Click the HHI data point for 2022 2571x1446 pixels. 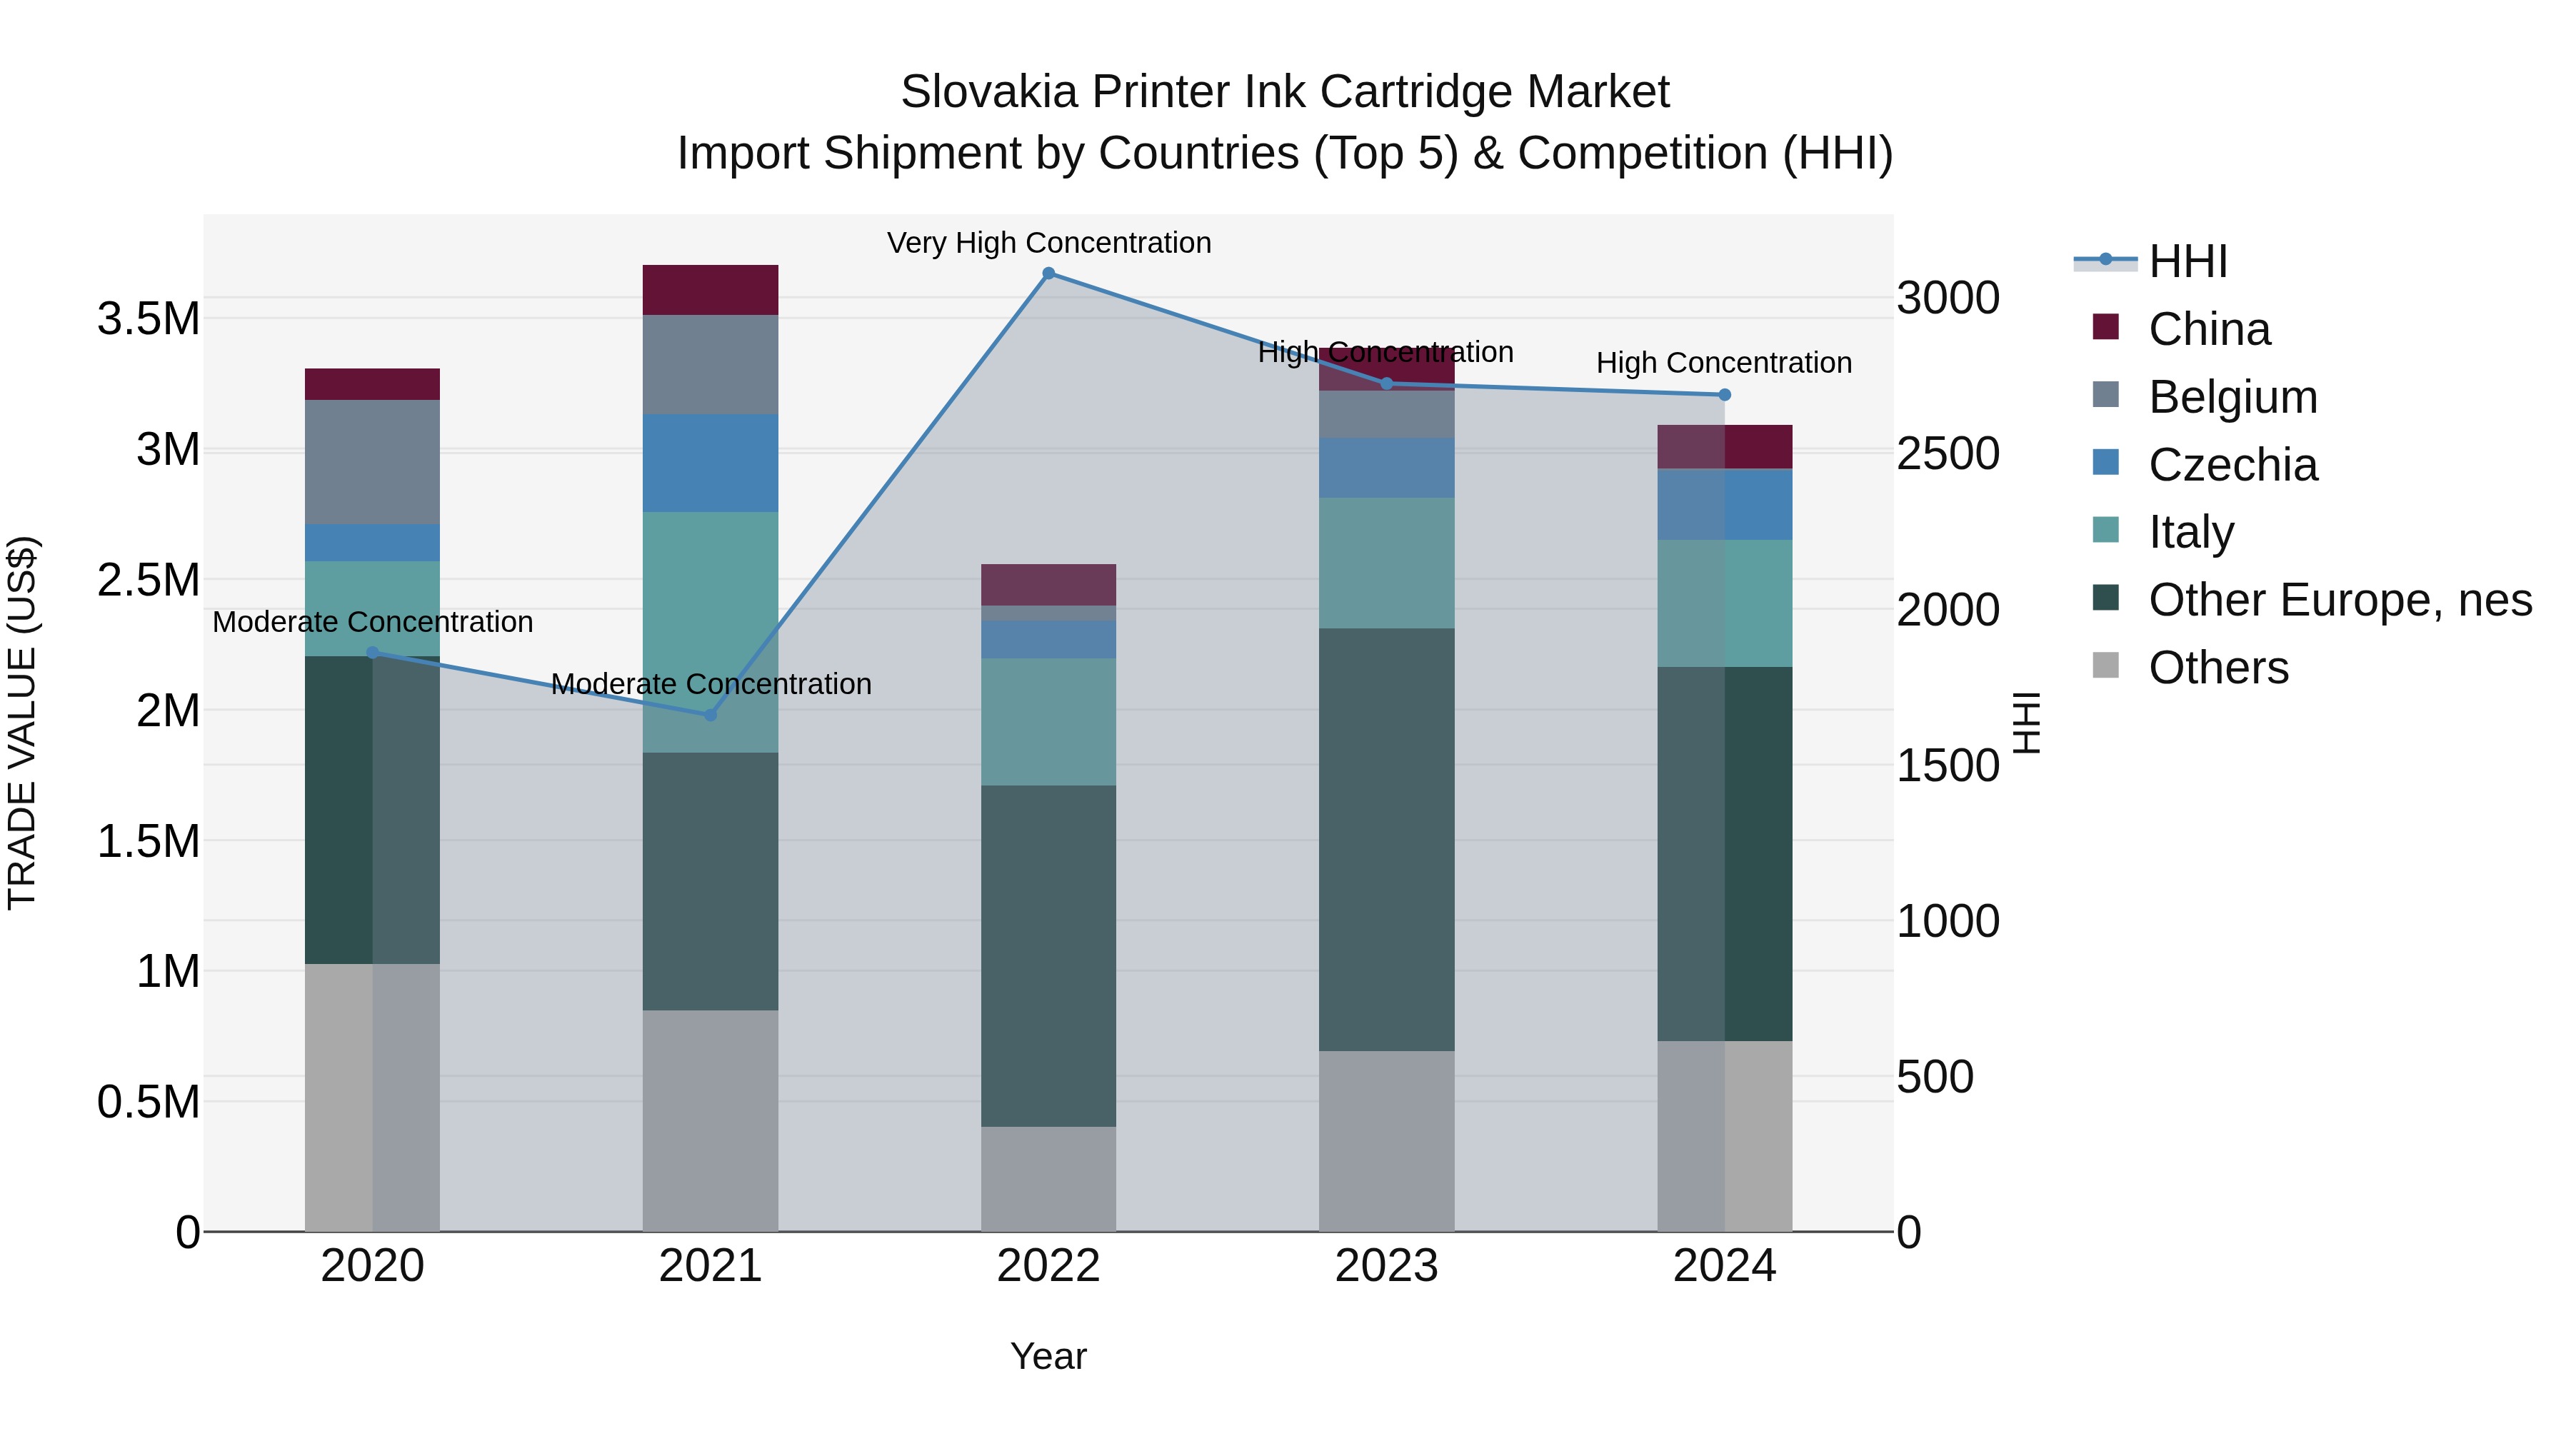click(1048, 273)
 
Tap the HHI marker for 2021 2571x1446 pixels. click(711, 715)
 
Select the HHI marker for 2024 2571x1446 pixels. click(1724, 395)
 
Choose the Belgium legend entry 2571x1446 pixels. click(2232, 397)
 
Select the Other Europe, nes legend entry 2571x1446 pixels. click(2340, 600)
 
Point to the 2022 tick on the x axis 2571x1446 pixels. click(1048, 1266)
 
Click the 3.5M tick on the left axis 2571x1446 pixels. click(148, 319)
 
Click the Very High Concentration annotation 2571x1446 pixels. click(1048, 243)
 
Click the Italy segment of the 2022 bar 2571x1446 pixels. click(1048, 721)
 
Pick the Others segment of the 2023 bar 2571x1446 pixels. click(1386, 1140)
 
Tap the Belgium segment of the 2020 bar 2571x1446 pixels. click(372, 462)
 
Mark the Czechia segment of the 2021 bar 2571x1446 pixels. click(711, 463)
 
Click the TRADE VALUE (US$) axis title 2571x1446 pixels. click(22, 723)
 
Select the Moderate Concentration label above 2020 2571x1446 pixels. click(372, 622)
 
